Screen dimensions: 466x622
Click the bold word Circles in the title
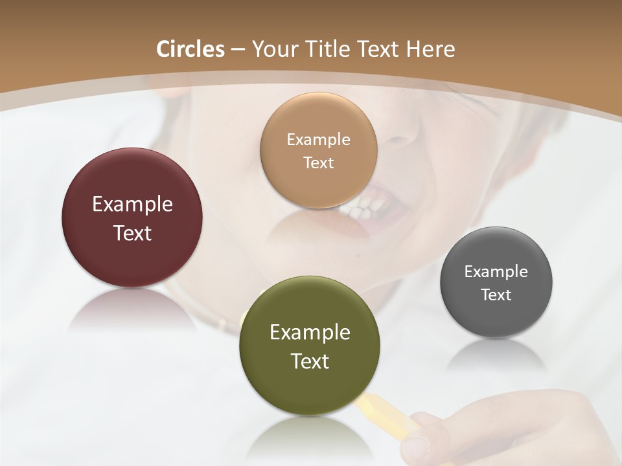(x=190, y=49)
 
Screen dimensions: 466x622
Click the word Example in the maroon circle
(x=132, y=205)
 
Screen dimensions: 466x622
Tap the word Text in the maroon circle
(x=132, y=233)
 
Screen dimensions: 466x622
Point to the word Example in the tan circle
(x=318, y=140)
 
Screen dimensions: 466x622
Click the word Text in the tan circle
(x=318, y=162)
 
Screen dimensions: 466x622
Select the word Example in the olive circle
(x=310, y=333)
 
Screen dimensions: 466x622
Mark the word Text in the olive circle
(x=310, y=361)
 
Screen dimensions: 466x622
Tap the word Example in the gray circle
(x=496, y=272)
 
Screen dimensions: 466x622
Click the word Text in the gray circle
(x=496, y=294)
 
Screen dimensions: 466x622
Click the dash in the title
(x=238, y=50)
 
